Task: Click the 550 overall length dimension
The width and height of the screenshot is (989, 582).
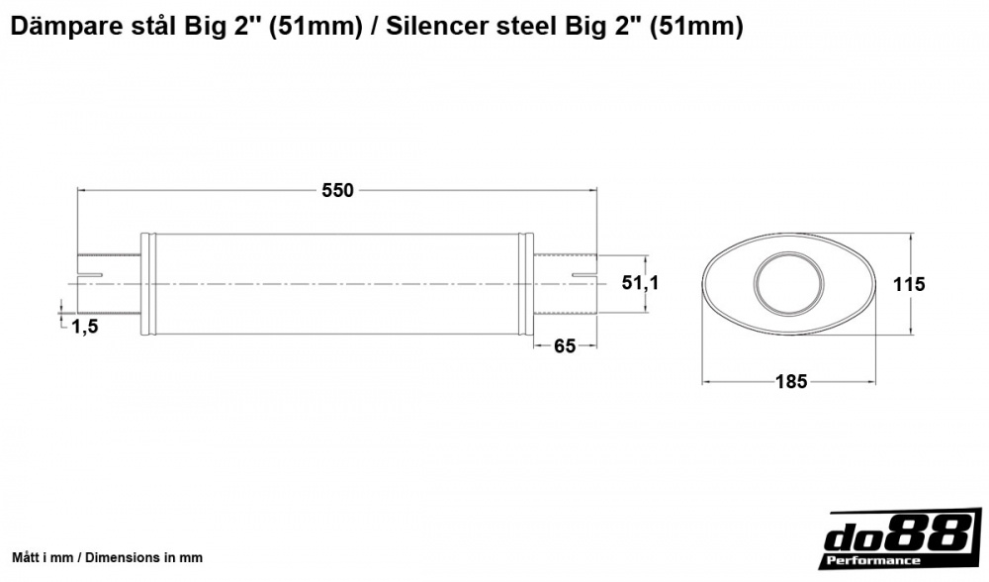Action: pyautogui.click(x=337, y=191)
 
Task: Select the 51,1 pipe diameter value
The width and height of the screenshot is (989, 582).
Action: pyautogui.click(x=640, y=283)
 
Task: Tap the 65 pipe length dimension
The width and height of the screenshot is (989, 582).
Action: pyautogui.click(x=565, y=345)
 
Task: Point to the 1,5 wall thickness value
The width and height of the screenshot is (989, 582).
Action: pyautogui.click(x=85, y=327)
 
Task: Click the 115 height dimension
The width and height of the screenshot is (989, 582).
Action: pyautogui.click(x=908, y=284)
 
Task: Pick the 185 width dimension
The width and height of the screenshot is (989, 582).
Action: pyautogui.click(x=792, y=380)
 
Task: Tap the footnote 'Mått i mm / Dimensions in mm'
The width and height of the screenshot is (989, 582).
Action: pyautogui.click(x=107, y=558)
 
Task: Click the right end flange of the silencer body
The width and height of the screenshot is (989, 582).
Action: pyautogui.click(x=527, y=283)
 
